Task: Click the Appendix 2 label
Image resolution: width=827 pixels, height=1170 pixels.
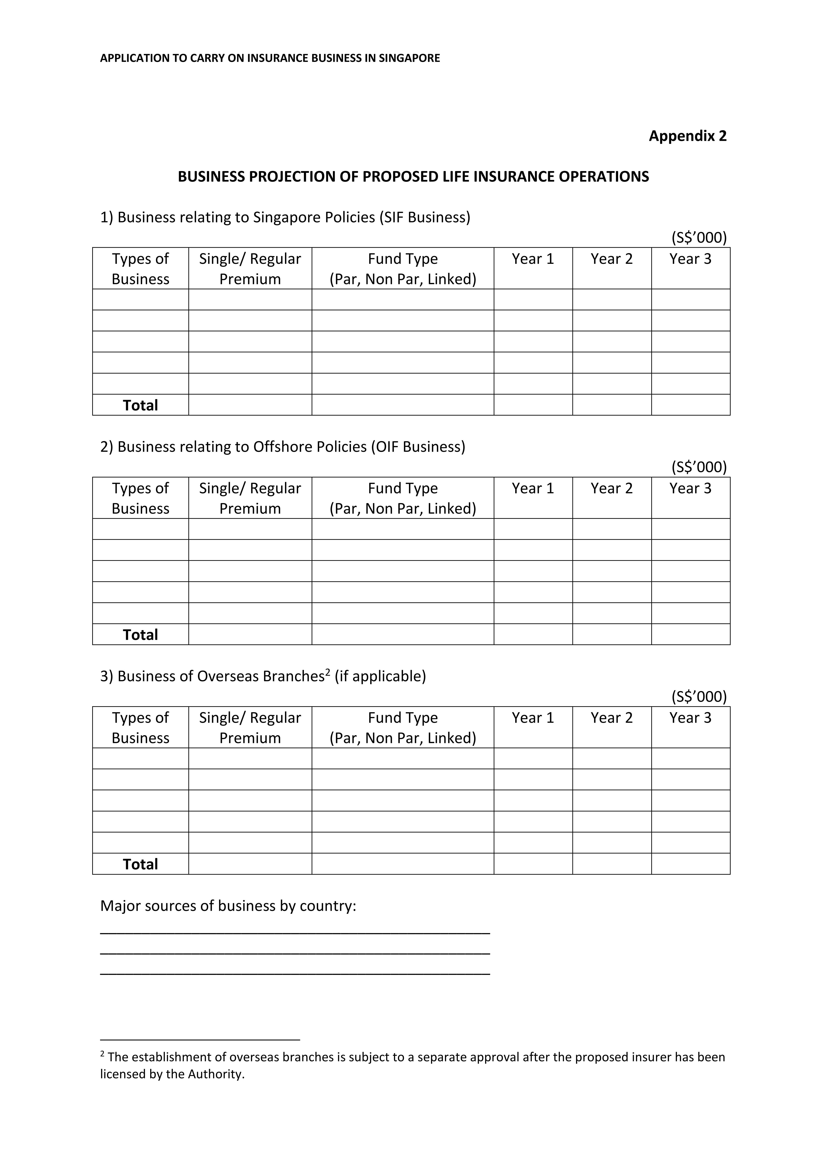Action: [687, 136]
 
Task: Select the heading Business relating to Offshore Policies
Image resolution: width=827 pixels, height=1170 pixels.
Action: [283, 447]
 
